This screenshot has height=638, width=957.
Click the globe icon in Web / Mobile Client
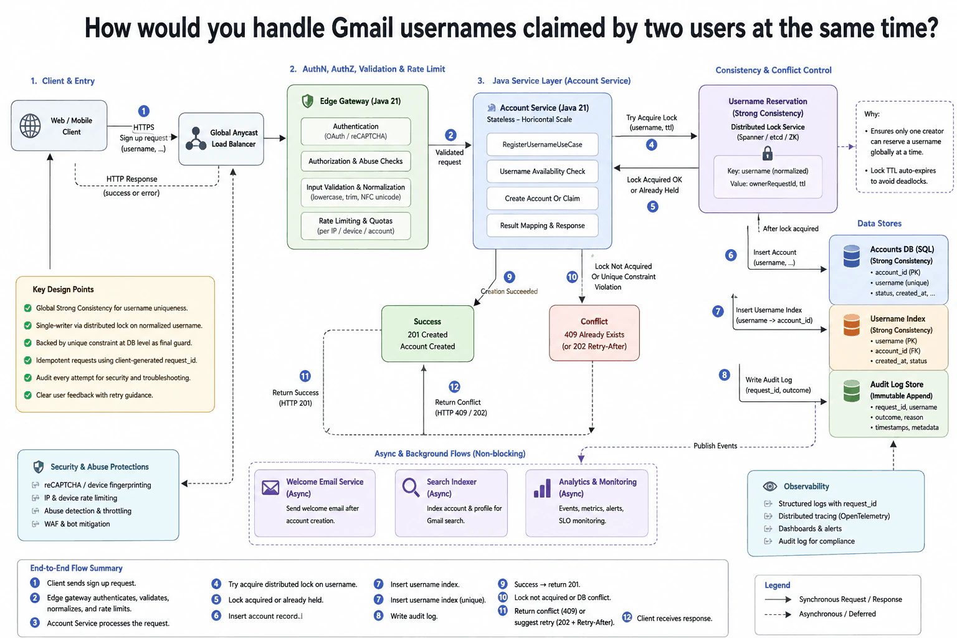tap(31, 126)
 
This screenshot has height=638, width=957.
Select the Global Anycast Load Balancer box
tap(221, 139)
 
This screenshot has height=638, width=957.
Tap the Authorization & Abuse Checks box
tap(356, 161)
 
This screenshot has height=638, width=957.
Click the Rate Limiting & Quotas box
tap(356, 226)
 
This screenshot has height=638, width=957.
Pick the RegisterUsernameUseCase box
tap(542, 145)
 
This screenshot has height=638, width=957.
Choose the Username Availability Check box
tap(542, 171)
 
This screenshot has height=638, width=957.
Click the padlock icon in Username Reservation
tap(768, 153)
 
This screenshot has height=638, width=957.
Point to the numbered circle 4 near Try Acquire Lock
tap(651, 145)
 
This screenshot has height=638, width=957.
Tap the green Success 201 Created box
tap(427, 334)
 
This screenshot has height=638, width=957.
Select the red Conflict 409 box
tap(594, 333)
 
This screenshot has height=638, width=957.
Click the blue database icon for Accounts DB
tap(851, 257)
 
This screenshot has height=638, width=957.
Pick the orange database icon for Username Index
tap(851, 325)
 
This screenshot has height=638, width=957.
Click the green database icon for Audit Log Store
tap(851, 391)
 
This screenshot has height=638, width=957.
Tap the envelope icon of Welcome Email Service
tap(270, 488)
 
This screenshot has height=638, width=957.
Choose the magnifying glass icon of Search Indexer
tap(411, 487)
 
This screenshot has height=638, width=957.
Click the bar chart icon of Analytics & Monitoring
tap(542, 488)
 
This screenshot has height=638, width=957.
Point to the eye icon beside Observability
tap(769, 487)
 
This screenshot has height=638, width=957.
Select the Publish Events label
tap(715, 445)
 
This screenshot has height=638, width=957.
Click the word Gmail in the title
tap(362, 28)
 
